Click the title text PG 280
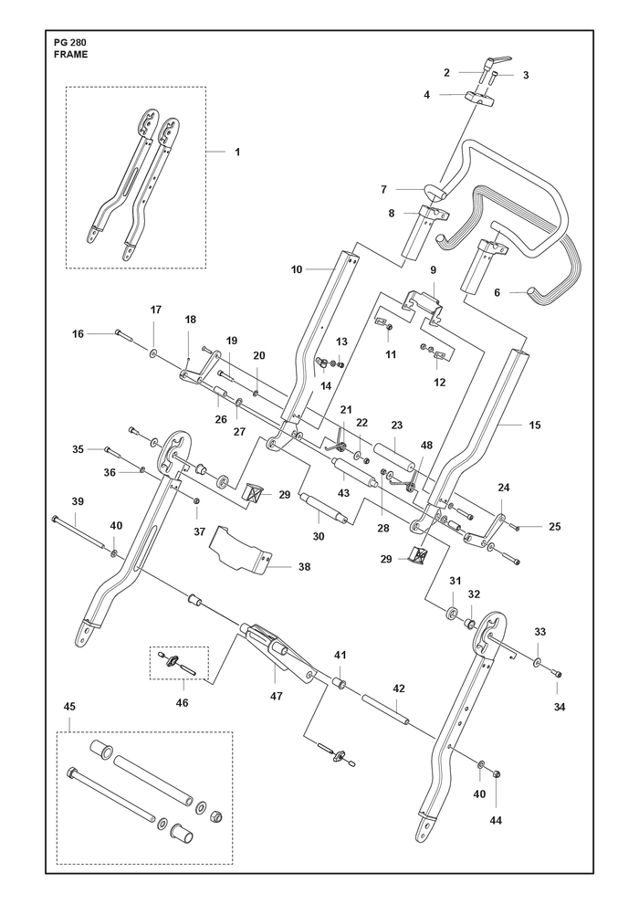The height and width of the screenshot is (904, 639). click(68, 43)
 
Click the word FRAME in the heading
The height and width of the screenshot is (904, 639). click(70, 55)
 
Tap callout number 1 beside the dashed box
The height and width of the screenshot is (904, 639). click(237, 152)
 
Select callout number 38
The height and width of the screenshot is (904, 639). click(304, 567)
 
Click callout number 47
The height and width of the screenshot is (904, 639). click(277, 697)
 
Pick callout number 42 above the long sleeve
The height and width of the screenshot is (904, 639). click(399, 689)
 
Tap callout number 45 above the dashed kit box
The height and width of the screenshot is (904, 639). click(69, 707)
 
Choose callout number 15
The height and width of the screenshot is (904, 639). click(535, 426)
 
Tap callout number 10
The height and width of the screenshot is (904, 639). click(297, 269)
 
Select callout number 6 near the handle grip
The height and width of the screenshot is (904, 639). click(497, 292)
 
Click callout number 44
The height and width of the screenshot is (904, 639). click(496, 820)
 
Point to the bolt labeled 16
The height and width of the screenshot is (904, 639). click(124, 334)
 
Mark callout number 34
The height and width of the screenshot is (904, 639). click(559, 707)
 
